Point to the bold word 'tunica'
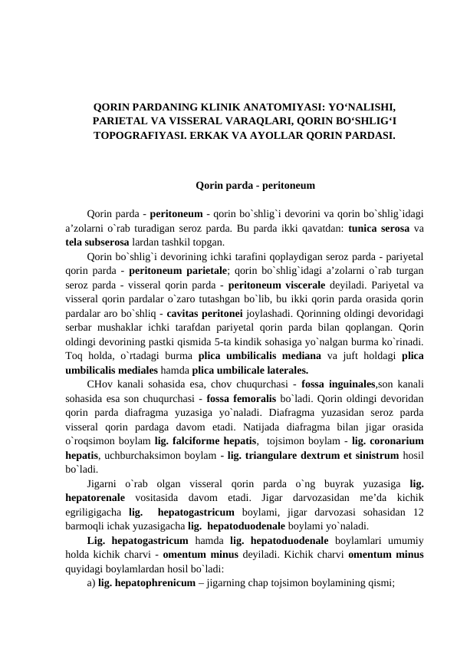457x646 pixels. [365, 228]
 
